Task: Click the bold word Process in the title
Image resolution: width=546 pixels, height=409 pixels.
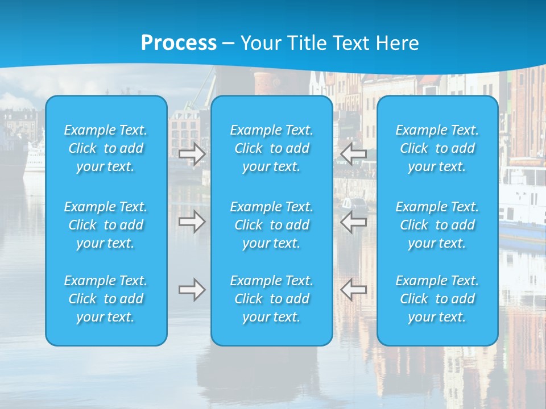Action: click(x=179, y=43)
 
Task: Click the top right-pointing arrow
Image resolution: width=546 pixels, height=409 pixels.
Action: click(x=192, y=154)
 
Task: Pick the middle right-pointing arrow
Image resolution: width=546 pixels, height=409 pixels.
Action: click(x=192, y=222)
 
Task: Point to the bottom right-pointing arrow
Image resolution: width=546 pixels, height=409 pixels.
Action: click(x=192, y=290)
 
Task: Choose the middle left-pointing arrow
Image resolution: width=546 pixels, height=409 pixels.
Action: click(x=354, y=222)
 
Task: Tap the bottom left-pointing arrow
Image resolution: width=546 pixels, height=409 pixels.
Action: click(x=354, y=290)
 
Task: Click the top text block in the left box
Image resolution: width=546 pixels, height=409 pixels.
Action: click(x=106, y=148)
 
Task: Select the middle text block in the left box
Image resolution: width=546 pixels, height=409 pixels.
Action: click(x=106, y=225)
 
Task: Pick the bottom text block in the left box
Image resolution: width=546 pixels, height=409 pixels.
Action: click(x=106, y=299)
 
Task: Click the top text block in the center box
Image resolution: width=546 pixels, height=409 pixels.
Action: click(x=272, y=148)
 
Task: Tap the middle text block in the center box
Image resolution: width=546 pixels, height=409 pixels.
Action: click(x=272, y=225)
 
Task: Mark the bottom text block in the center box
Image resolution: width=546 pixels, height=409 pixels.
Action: click(x=272, y=299)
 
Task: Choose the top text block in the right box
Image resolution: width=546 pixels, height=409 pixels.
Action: click(x=437, y=148)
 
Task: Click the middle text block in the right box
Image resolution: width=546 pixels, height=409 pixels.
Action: click(x=437, y=225)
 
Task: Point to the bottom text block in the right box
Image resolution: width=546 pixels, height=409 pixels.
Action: click(x=437, y=299)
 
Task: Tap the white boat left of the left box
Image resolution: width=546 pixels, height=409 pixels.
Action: click(x=34, y=156)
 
